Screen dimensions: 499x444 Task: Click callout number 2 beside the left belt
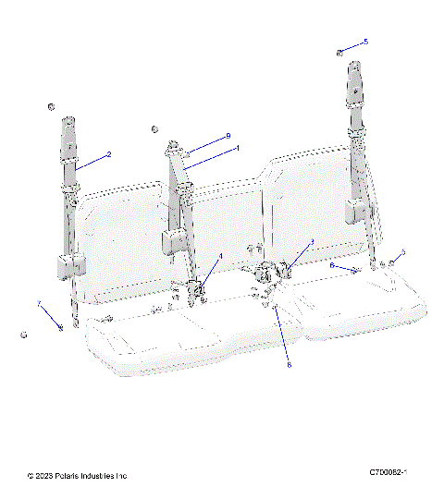108,154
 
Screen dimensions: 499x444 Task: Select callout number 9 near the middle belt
227,136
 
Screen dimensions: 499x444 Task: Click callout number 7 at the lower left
39,303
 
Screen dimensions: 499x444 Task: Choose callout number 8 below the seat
288,365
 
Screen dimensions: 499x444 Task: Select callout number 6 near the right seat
332,265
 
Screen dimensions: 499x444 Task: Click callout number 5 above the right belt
365,42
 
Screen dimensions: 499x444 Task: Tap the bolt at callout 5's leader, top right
340,52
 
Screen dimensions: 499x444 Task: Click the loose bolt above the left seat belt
53,108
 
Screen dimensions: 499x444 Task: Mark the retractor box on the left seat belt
66,266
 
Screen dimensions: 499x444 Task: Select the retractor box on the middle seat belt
171,242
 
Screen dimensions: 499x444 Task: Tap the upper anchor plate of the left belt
70,134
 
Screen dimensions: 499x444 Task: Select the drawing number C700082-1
388,472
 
